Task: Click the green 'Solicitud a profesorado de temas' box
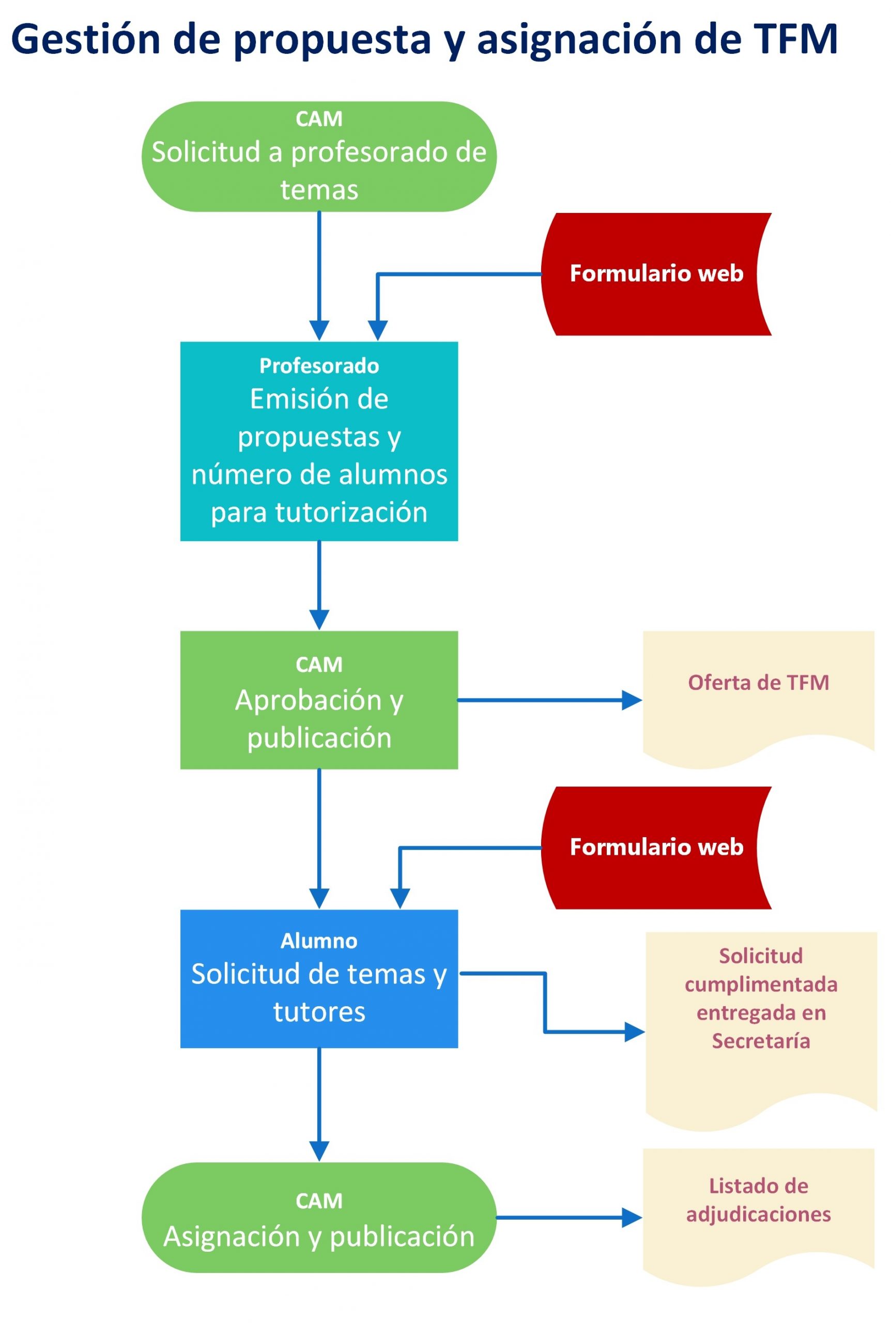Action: [x=319, y=157]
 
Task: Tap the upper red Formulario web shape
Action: [x=656, y=274]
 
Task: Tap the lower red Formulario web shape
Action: [x=656, y=848]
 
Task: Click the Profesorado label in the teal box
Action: [x=319, y=366]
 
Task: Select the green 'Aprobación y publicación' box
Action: [x=319, y=700]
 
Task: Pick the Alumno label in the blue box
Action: [x=319, y=941]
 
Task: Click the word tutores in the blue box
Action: [x=319, y=1012]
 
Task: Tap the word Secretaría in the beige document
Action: [x=761, y=1041]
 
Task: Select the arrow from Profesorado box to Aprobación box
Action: [x=319, y=585]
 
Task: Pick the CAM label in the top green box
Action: [x=319, y=119]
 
